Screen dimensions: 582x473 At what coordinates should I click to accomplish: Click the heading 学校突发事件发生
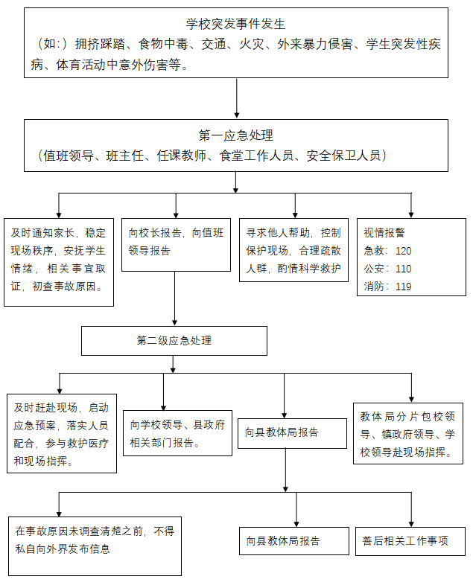236,25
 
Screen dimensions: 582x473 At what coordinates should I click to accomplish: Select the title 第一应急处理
236,135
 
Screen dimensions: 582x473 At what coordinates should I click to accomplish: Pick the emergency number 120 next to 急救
403,251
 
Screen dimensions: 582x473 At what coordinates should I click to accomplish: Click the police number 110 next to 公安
403,269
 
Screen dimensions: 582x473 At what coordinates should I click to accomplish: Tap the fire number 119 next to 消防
403,287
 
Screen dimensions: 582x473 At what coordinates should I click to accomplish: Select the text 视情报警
384,232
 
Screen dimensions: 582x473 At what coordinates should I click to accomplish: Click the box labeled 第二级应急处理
174,341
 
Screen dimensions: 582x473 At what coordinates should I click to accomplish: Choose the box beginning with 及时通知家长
59,260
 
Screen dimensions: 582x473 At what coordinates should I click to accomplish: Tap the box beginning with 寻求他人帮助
294,250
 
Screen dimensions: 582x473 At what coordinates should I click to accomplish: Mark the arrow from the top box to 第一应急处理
236,97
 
